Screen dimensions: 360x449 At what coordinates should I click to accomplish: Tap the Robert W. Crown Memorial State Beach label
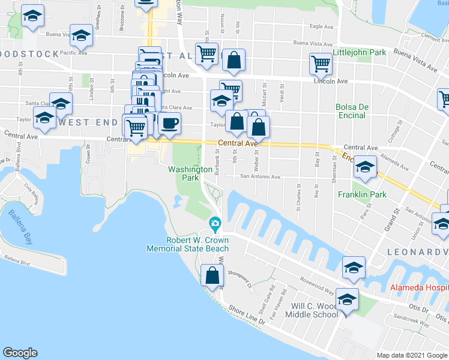coord(188,244)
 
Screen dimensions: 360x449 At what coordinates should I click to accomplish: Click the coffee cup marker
coord(169,124)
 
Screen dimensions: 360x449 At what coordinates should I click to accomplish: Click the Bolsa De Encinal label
coord(351,111)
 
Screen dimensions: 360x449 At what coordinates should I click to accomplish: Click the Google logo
coord(20,353)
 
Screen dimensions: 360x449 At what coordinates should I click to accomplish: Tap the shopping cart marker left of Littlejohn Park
coord(321,62)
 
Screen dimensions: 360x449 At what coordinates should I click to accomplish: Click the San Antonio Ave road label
coord(261,177)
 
